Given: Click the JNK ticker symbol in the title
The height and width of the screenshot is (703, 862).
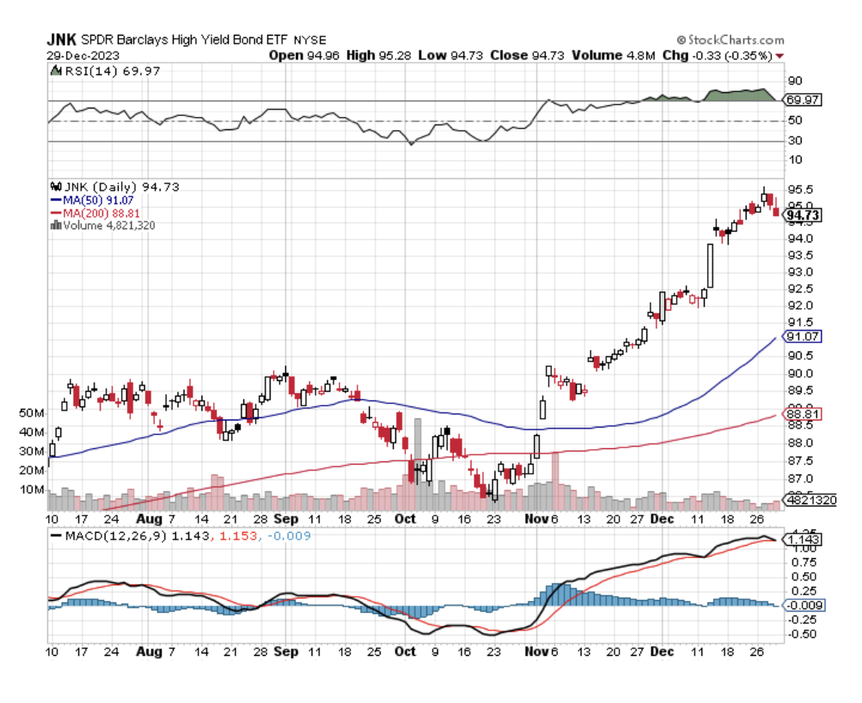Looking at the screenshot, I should tap(61, 39).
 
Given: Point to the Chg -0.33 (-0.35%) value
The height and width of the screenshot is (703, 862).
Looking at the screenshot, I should tap(729, 55).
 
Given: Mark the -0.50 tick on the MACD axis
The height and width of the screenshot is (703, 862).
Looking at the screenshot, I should tap(802, 634).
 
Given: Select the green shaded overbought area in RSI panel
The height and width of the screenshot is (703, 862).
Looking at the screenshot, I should tap(740, 94).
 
